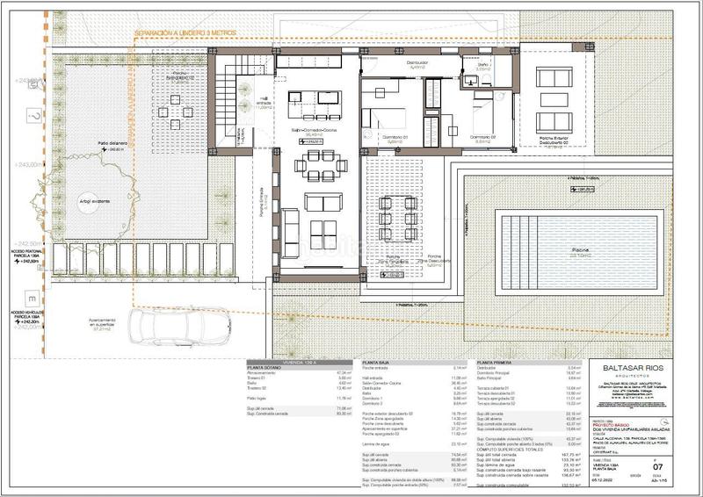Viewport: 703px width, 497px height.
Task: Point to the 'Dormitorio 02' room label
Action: tap(479, 138)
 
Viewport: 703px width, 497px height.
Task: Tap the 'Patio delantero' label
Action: tap(112, 143)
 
